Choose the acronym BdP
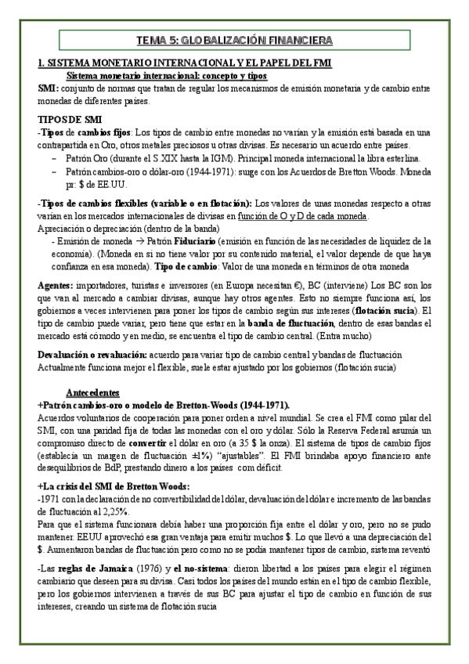point(145,467)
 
